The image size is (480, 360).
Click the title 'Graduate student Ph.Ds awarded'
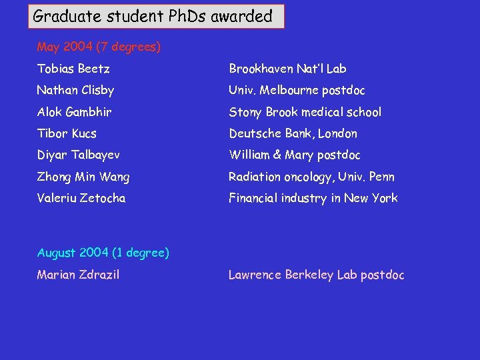coord(153,16)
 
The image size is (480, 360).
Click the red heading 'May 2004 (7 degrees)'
coord(99,47)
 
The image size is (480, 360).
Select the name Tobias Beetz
coord(73,69)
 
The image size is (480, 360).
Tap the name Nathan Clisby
coord(75,90)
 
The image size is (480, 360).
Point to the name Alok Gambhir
coord(75,112)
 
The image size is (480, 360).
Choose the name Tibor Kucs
coord(67,133)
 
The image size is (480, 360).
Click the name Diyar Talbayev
coord(79,155)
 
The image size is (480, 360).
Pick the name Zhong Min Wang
coord(83,177)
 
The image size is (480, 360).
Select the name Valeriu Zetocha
coord(81,198)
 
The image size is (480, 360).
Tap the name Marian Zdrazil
coord(79,275)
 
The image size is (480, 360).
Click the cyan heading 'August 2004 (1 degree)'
coord(103,253)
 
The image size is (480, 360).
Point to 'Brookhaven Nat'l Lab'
coord(288,69)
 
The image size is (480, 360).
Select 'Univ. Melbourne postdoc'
coord(297,90)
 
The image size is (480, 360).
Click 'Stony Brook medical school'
coord(305,112)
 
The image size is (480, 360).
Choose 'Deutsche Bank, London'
coord(293,133)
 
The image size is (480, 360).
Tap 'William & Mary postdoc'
coord(295,155)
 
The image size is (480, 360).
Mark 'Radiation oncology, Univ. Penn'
coord(312,177)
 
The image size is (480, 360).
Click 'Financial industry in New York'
coord(313,198)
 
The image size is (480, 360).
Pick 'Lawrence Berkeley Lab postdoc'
coord(317,275)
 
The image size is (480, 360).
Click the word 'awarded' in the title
coord(241,16)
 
